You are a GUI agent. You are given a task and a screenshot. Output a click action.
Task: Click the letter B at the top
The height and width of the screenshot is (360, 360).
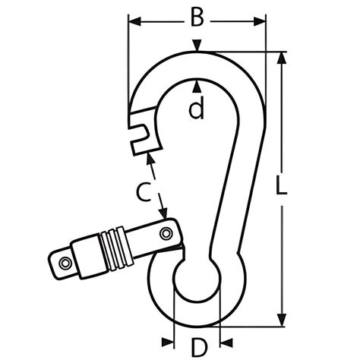click(x=197, y=17)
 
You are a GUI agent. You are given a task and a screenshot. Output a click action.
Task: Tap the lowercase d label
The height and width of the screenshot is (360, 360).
click(x=197, y=110)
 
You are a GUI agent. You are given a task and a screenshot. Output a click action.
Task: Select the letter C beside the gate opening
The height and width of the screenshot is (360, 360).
click(x=141, y=191)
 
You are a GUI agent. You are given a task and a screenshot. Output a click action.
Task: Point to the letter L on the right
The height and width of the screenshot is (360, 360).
click(x=282, y=187)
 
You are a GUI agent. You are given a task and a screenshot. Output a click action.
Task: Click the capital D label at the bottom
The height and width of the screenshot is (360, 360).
click(x=197, y=347)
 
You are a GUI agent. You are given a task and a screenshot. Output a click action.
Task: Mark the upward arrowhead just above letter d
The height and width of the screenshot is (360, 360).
click(x=197, y=84)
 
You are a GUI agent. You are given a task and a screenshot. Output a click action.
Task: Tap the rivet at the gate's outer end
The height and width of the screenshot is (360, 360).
click(x=65, y=263)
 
